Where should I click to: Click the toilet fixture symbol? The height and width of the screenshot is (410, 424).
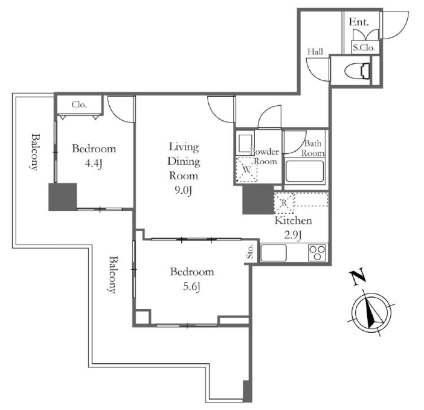coord(357,71)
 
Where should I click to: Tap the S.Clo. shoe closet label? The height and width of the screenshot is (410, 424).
coord(364,48)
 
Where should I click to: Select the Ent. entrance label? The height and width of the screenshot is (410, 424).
coord(359,22)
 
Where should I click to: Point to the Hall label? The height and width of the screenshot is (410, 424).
coord(315,51)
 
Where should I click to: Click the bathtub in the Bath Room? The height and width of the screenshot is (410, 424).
coord(304,171)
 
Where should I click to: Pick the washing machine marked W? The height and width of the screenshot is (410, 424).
coord(246,170)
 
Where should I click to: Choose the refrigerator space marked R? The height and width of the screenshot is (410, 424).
coord(284,203)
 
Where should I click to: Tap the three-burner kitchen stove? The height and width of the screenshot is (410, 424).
coord(317,253)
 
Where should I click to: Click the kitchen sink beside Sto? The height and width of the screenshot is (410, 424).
coord(274,253)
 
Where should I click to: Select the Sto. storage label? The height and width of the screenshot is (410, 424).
coord(250,252)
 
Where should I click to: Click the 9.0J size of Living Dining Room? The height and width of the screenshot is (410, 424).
coord(183,191)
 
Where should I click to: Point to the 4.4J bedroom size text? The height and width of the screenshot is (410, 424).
coord(94,163)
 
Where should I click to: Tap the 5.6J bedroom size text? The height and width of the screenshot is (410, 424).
coord(192,287)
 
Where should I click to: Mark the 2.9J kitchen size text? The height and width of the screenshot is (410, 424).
coord(293,235)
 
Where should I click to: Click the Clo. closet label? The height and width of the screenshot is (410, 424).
coord(79,105)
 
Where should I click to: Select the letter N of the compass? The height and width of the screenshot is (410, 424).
coord(358,277)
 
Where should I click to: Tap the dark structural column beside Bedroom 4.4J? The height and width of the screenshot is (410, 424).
coord(63,197)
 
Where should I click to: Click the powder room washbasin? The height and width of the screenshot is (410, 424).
coord(245,143)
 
